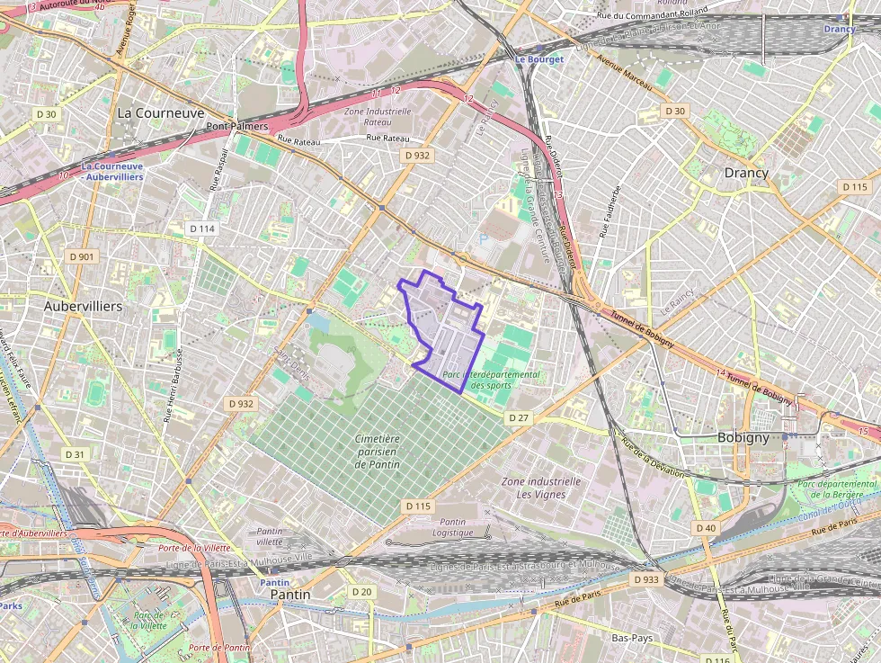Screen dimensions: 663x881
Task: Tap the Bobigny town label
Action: (743, 437)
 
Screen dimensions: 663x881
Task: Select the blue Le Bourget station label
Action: (538, 59)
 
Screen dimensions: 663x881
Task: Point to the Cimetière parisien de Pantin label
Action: (377, 451)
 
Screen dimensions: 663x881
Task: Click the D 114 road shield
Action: (202, 228)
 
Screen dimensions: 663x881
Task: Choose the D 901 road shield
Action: (82, 256)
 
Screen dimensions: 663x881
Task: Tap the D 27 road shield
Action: (518, 417)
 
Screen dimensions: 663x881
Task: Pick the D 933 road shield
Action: (645, 579)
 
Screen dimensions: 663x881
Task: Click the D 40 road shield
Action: (705, 527)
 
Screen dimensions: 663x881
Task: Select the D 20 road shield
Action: (361, 591)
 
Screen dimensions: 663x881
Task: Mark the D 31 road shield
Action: (76, 454)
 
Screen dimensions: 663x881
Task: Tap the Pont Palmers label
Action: (237, 127)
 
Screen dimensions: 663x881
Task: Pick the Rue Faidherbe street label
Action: (610, 212)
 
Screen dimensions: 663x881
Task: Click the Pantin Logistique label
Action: (452, 527)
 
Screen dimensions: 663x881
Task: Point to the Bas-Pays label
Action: (631, 638)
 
